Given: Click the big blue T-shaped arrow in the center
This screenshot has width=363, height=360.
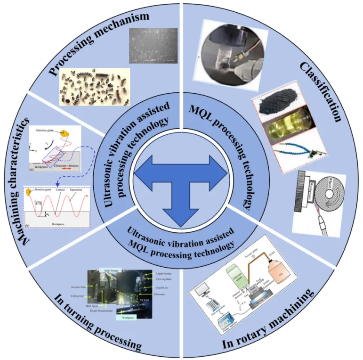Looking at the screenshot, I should [181, 181].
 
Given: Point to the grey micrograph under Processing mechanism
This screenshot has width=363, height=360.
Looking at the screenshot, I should [152, 48].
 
